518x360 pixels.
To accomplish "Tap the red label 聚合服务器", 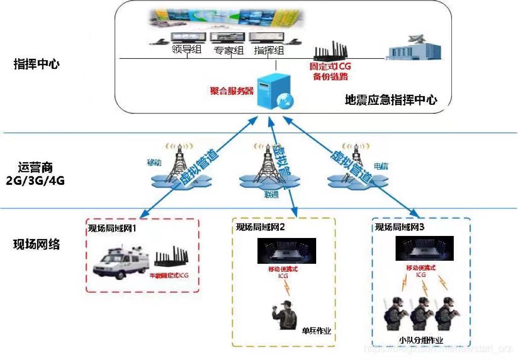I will (232, 91).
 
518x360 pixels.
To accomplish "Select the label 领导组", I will (187, 50).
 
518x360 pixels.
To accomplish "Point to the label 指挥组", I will (268, 50).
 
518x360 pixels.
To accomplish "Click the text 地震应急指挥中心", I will (391, 100).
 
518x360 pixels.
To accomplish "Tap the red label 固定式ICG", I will (330, 66).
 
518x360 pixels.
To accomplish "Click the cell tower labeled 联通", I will (268, 165).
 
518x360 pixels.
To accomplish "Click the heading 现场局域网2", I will (261, 227).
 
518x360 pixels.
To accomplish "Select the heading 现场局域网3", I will (400, 227).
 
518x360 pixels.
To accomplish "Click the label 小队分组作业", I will (420, 340).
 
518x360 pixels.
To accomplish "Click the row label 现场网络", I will (36, 245).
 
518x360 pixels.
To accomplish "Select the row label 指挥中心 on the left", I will (36, 65).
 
